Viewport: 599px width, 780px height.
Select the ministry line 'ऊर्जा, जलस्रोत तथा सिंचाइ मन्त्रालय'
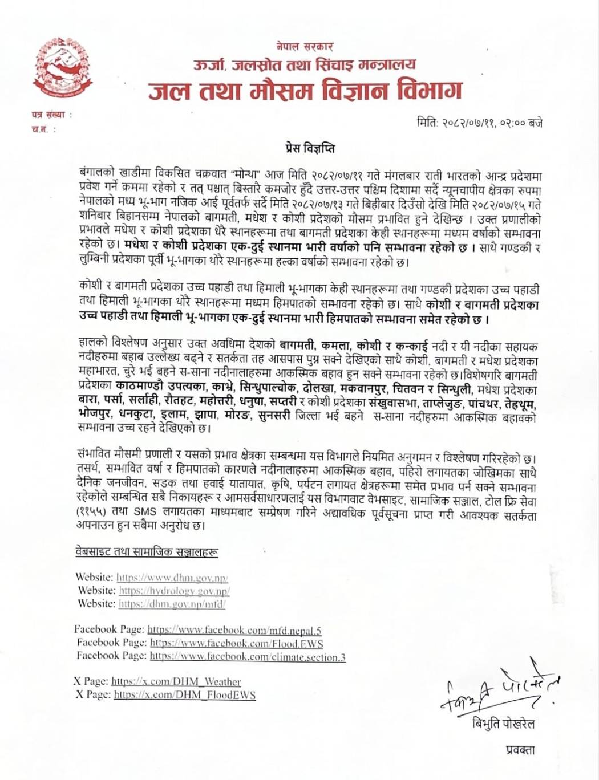pyautogui.click(x=305, y=65)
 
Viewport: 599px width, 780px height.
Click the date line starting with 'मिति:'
pyautogui.click(x=479, y=122)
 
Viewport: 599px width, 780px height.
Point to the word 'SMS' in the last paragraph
pyautogui.click(x=145, y=513)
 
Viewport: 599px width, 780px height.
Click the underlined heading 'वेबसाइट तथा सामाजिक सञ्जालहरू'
pyautogui.click(x=147, y=551)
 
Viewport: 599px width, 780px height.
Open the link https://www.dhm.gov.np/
pyautogui.click(x=175, y=578)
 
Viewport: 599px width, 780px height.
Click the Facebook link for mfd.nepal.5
pyautogui.click(x=234, y=630)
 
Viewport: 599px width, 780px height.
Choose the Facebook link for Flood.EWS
pyautogui.click(x=236, y=643)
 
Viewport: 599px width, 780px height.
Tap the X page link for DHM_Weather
pyautogui.click(x=176, y=681)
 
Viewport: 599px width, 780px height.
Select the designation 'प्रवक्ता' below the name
pyautogui.click(x=520, y=750)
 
